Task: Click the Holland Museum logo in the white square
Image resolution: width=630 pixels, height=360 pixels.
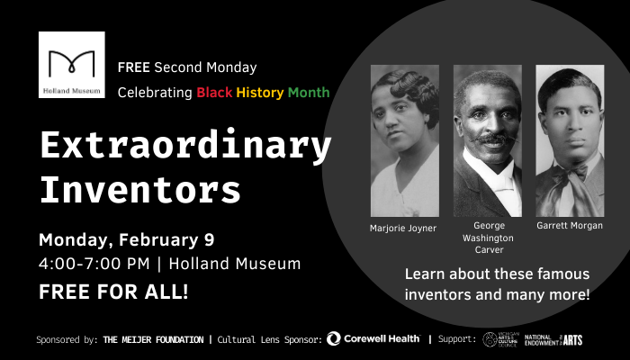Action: [72, 65]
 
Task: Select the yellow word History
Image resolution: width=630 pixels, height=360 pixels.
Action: [260, 93]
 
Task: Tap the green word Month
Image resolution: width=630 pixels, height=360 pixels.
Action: [309, 93]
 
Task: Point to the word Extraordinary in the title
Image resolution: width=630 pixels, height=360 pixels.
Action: [185, 147]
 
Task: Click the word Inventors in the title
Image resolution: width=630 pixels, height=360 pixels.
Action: [140, 190]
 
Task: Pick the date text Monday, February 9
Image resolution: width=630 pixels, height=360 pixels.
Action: [126, 241]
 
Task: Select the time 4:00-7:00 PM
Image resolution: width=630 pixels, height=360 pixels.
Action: [94, 265]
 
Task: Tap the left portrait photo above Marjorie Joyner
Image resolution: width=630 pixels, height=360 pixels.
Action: [404, 140]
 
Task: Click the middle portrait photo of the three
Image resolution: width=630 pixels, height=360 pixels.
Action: [487, 140]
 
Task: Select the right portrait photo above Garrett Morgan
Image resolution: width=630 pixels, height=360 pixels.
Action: [569, 140]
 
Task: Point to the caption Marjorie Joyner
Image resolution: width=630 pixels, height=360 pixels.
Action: [403, 228]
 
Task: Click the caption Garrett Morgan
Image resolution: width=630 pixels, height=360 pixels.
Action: [569, 225]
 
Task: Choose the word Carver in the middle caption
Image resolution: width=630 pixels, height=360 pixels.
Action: [487, 251]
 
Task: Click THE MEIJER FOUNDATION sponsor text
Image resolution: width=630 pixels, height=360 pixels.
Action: [155, 340]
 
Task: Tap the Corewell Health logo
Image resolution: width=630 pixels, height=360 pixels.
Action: [373, 339]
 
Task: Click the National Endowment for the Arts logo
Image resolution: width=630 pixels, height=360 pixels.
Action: [553, 339]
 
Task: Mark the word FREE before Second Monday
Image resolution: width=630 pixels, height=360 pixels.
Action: [133, 68]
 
